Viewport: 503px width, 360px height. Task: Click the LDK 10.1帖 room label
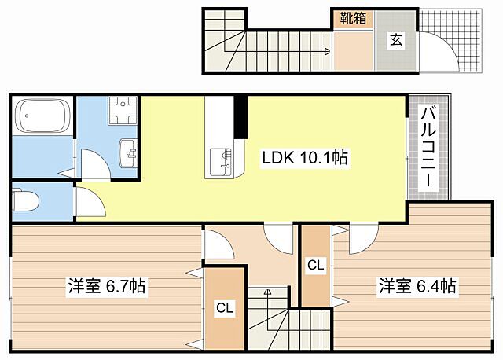click(x=305, y=158)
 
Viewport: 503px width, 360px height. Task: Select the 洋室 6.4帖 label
click(x=417, y=286)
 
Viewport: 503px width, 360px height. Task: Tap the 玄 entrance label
click(x=396, y=40)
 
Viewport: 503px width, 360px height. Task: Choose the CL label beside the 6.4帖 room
click(x=315, y=266)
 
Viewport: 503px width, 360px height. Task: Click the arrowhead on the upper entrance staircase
click(x=326, y=53)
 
